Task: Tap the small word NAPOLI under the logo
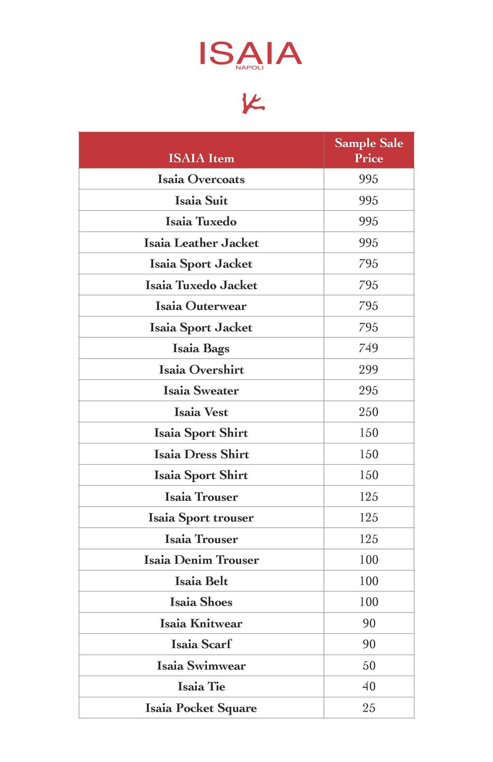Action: click(x=249, y=68)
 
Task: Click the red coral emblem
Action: click(x=253, y=103)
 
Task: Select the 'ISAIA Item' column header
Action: click(x=201, y=158)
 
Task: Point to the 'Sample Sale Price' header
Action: click(x=369, y=150)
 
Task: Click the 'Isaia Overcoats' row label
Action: click(x=201, y=179)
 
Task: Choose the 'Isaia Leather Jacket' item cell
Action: click(x=201, y=243)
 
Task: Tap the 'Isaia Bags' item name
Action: click(x=201, y=348)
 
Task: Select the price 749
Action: click(x=368, y=348)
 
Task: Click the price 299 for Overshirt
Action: click(x=368, y=369)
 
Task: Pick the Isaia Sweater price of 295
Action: click(x=368, y=391)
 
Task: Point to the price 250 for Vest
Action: click(x=368, y=412)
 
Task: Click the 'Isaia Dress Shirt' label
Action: click(x=201, y=454)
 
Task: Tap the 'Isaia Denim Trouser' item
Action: click(x=201, y=560)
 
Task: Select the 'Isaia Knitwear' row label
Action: click(x=201, y=623)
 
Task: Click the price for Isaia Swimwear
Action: click(x=369, y=666)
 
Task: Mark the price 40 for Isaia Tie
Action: click(x=369, y=687)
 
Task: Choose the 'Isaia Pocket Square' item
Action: click(x=201, y=708)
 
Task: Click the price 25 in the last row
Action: click(x=369, y=708)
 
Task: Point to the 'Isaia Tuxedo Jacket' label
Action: click(x=201, y=285)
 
